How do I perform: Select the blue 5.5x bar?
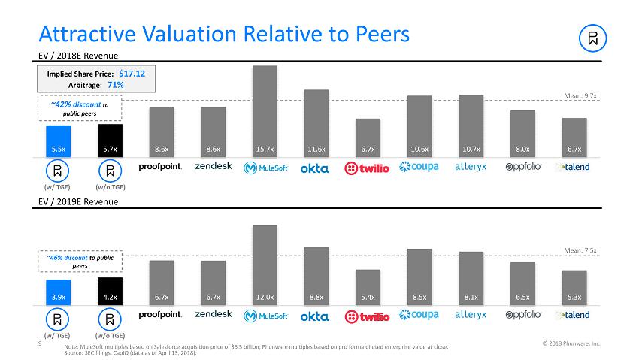[x=59, y=141]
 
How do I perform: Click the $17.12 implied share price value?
[x=132, y=74]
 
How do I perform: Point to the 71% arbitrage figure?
[x=115, y=85]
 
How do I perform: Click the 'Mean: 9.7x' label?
[x=580, y=96]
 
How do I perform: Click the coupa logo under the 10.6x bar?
[x=419, y=166]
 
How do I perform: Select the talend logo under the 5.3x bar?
[x=573, y=315]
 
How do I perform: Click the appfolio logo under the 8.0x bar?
[x=523, y=167]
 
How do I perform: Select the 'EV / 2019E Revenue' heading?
[x=78, y=201]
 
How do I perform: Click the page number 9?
[x=39, y=345]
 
